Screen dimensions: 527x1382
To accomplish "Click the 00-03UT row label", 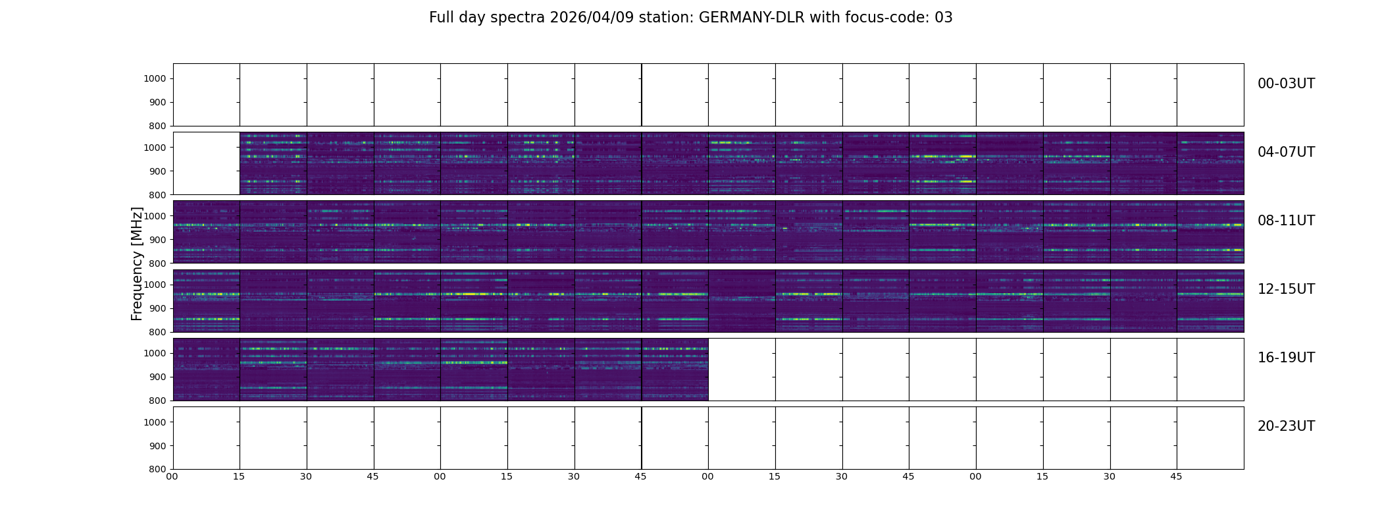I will point(1286,84).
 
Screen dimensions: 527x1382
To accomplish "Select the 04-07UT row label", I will point(1286,152).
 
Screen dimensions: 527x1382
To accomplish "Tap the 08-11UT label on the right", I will point(1286,221).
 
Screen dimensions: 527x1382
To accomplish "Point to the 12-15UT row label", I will point(1286,289).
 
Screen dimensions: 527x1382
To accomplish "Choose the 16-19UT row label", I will point(1286,358).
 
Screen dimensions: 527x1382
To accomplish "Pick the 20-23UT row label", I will point(1286,426).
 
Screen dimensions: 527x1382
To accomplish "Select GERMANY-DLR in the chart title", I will point(752,18).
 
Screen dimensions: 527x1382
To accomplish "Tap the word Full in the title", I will point(442,18).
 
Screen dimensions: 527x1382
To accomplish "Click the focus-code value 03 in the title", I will point(944,18).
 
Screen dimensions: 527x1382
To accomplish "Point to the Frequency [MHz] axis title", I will point(137,263).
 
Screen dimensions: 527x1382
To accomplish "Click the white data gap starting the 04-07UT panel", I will point(206,163).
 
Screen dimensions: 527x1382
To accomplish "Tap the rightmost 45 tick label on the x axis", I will point(1176,476).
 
